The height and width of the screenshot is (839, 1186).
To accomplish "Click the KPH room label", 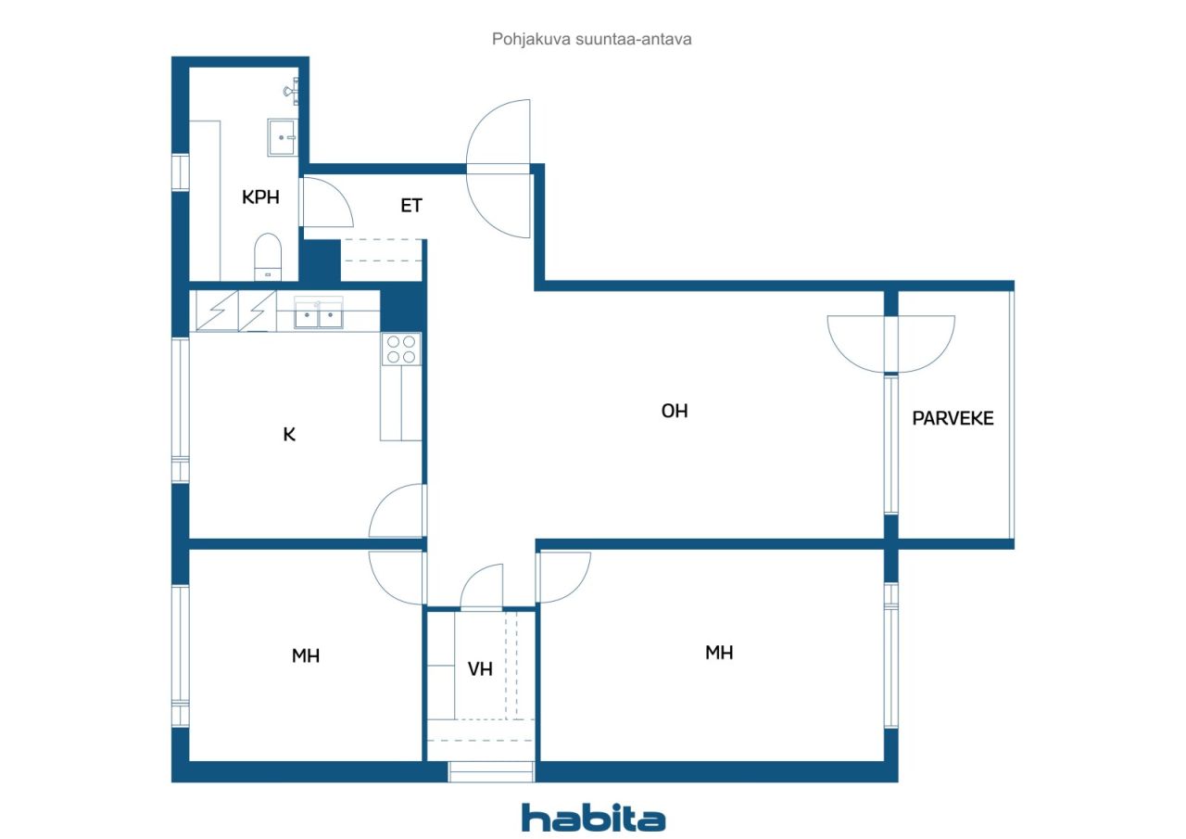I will click(260, 197).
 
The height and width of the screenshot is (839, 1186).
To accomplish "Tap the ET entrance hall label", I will click(411, 206).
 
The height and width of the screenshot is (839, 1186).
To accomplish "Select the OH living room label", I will click(675, 411).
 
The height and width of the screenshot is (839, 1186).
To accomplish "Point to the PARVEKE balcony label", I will click(953, 418).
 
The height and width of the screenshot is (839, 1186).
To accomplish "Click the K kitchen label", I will click(289, 434).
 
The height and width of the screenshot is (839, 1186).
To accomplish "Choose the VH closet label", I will click(480, 668).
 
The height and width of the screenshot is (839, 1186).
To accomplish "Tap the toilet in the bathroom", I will click(268, 257).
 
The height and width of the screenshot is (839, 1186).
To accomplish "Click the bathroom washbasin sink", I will click(282, 137).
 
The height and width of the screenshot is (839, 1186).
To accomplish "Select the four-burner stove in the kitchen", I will click(401, 349).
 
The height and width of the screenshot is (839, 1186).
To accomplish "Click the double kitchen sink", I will click(319, 315).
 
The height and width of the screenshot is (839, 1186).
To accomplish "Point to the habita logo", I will click(593, 818).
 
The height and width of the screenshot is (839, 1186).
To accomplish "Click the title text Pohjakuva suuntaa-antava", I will click(592, 40).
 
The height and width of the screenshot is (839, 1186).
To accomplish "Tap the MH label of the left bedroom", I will click(306, 656).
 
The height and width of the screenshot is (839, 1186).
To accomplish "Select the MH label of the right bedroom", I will click(719, 653).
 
